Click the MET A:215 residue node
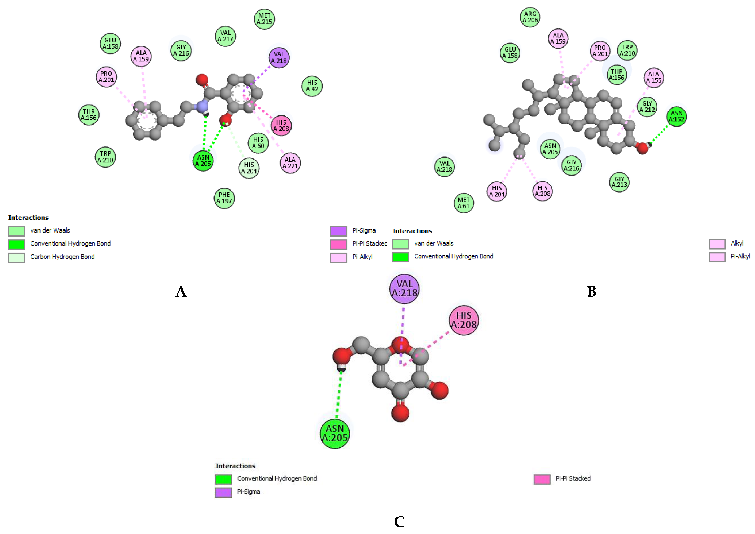264,19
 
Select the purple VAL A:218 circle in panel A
279,58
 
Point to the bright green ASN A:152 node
676,116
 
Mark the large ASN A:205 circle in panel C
335,433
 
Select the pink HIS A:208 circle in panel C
464,320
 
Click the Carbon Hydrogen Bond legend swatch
16,257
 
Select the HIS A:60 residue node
258,143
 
